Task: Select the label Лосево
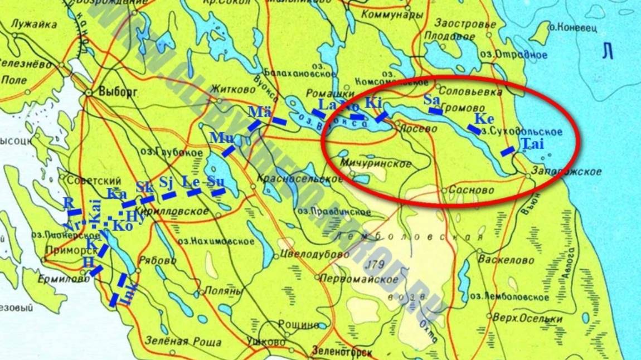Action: [x=419, y=128]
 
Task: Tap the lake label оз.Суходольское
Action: [x=522, y=132]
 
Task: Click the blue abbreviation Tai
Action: [x=532, y=144]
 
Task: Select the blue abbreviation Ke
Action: [x=484, y=119]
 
